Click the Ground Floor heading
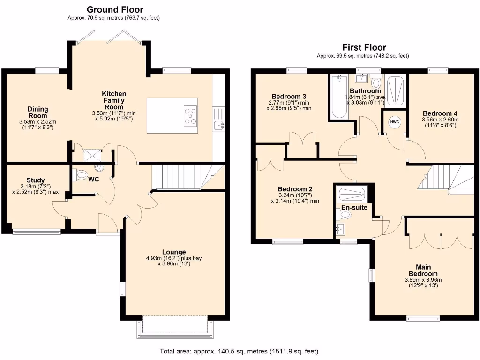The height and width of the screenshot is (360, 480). pos(115,9)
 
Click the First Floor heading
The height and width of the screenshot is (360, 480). pos(364,47)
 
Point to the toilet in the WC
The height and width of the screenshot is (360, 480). pos(81,175)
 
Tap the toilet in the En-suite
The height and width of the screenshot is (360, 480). pos(345,215)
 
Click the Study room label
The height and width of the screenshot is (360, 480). pos(36,180)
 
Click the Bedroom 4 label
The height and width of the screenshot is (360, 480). pos(440,113)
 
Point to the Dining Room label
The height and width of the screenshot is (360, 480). pos(37,112)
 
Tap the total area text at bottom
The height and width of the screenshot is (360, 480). pos(239,351)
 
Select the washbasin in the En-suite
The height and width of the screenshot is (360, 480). pos(340,229)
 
